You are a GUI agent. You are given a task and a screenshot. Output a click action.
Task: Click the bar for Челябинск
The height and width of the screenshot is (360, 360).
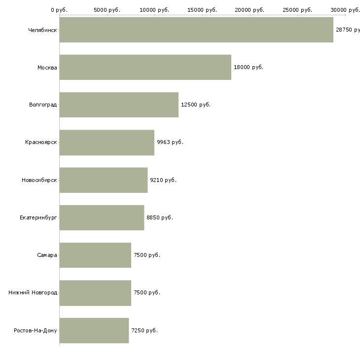[x=196, y=30]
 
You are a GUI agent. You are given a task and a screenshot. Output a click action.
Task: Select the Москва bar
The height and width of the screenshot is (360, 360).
[x=145, y=67]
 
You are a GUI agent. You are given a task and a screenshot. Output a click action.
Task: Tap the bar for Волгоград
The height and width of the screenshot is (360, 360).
[x=119, y=105]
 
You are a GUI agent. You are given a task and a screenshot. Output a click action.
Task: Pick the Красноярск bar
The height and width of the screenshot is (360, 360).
[x=107, y=143]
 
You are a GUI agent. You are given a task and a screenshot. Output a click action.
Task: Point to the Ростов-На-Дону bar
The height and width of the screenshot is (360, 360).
[x=94, y=330]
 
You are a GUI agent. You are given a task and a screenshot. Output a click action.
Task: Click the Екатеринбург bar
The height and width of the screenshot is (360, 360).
[x=102, y=217]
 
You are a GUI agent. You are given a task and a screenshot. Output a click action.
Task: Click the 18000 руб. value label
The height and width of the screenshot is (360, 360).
[x=249, y=67]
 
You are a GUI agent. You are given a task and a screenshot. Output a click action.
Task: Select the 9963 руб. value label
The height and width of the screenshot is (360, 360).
[x=170, y=143]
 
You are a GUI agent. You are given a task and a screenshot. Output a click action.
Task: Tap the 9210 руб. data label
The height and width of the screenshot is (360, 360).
[x=163, y=180]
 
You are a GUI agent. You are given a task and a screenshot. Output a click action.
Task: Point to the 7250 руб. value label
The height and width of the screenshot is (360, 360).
[x=144, y=330]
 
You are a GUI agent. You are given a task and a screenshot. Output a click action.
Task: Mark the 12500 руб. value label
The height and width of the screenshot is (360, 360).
[x=196, y=105]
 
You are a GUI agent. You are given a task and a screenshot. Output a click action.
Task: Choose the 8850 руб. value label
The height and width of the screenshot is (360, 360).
[x=160, y=217]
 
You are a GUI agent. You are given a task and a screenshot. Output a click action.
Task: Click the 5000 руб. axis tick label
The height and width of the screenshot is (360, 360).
[x=107, y=10]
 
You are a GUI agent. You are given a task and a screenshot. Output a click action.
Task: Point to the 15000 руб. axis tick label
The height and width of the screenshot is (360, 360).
[x=202, y=10]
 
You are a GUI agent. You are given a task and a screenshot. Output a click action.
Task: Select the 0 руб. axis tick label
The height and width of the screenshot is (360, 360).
[x=59, y=10]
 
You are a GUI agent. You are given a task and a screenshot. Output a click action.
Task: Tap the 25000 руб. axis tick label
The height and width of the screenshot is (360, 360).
[x=297, y=10]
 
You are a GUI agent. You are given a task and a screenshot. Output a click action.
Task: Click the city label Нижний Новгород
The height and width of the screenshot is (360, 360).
[x=33, y=292]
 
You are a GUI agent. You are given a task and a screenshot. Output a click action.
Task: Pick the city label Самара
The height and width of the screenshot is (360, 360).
[x=47, y=255]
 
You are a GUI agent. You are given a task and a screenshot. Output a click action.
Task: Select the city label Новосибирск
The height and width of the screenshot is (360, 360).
[x=39, y=180]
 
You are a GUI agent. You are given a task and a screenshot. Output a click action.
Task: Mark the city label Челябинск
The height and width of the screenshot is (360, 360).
[x=42, y=30]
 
